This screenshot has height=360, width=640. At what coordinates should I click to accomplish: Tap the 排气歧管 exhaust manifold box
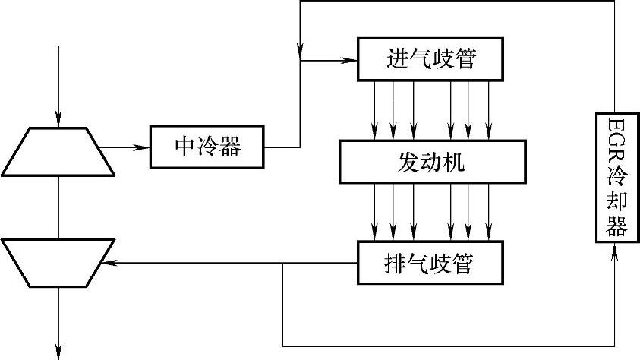(x=430, y=264)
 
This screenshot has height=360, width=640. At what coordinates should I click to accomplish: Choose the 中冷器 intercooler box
(x=207, y=147)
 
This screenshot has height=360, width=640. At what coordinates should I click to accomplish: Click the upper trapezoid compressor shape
(x=58, y=150)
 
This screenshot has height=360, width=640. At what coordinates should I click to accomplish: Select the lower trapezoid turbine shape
(x=58, y=263)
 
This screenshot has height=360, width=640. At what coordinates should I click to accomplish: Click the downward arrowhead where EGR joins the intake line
(x=301, y=51)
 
